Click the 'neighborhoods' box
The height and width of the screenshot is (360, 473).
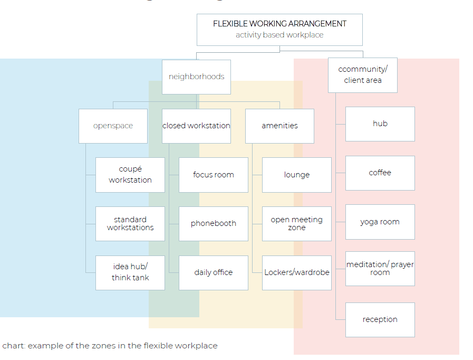(196, 77)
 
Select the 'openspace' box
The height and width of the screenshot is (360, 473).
(113, 126)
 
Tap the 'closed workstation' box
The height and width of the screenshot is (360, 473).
(196, 126)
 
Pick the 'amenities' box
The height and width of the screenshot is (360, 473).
(279, 126)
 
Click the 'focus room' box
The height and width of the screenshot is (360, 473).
(214, 175)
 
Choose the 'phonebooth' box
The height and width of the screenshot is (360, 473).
(214, 224)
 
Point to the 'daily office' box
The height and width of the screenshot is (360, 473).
(214, 273)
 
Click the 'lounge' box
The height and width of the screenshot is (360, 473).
(297, 175)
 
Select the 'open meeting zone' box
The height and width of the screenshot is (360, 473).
(297, 224)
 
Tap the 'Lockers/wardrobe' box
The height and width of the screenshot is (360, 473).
(297, 273)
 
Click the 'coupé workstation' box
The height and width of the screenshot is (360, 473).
(130, 175)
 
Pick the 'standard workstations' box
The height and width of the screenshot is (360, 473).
(130, 224)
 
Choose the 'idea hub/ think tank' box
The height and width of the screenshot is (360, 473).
(130, 273)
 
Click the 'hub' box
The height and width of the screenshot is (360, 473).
(380, 124)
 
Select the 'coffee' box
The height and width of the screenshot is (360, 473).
(380, 173)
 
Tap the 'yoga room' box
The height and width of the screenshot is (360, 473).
(380, 222)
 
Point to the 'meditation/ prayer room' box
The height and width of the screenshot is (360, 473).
(380, 269)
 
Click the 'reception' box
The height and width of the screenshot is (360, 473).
(380, 320)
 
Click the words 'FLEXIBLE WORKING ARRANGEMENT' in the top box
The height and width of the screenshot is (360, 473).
(279, 24)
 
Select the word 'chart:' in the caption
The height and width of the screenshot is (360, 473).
(14, 346)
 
